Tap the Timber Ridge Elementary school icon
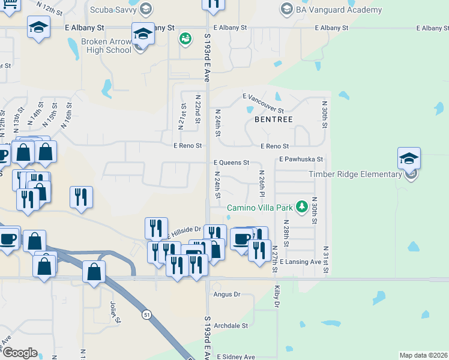409,158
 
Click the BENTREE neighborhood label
273,119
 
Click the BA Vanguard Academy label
339,10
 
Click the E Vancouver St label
263,103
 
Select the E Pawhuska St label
301,160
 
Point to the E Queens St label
231,163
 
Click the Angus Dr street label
227,295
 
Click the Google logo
19,353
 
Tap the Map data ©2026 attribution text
423,355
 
